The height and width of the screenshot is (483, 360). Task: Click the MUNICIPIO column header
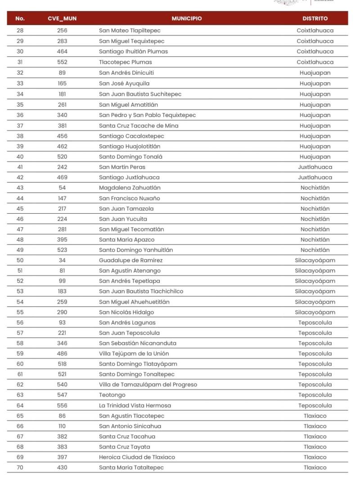(x=186, y=18)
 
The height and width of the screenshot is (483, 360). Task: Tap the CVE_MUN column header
(x=62, y=18)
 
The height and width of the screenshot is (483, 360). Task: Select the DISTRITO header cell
(x=315, y=18)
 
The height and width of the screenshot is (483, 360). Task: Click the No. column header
(x=20, y=18)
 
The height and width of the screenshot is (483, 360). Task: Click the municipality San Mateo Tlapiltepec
(x=130, y=31)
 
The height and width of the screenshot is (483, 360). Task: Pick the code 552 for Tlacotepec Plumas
(x=62, y=62)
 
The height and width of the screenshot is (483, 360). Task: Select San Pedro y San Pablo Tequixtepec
(x=147, y=115)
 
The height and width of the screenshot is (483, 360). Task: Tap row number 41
(x=20, y=167)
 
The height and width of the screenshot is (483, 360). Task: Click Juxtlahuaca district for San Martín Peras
(x=315, y=167)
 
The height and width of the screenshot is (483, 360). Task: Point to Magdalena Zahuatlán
(x=130, y=188)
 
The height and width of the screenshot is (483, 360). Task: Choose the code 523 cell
(x=62, y=250)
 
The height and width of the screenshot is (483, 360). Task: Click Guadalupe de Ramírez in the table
(x=130, y=260)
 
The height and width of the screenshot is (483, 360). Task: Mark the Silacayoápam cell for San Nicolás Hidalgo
(x=315, y=312)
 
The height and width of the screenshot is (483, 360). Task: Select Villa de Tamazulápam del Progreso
(x=148, y=385)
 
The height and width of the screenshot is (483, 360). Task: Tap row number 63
(x=20, y=395)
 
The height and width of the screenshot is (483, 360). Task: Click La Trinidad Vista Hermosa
(x=135, y=405)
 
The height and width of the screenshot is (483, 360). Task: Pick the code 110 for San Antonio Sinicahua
(x=62, y=426)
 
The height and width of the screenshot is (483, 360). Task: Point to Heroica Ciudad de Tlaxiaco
(x=137, y=457)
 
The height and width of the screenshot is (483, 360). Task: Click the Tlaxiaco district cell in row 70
(x=315, y=467)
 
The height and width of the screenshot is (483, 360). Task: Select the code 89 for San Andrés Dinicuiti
(x=62, y=72)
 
